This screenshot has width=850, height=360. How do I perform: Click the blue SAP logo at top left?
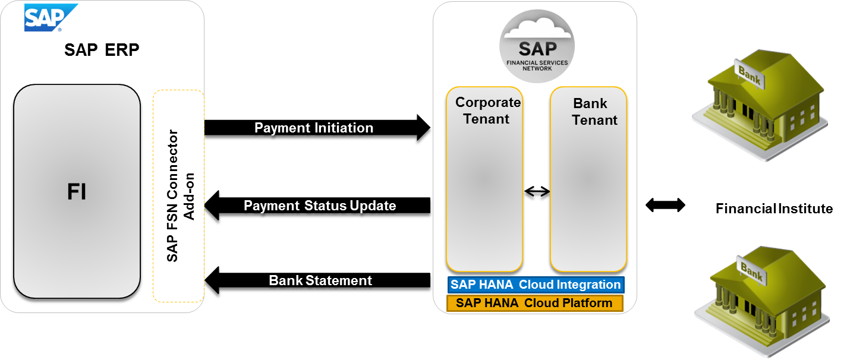(x=51, y=17)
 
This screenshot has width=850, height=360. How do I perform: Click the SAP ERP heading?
(x=102, y=50)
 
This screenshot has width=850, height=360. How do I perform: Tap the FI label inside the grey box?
(x=77, y=191)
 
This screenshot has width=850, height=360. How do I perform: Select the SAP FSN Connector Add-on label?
(x=181, y=196)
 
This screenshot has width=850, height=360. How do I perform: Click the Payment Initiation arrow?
(x=317, y=128)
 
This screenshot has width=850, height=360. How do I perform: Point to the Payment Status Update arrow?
(x=317, y=205)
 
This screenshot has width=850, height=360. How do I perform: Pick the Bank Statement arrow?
(x=317, y=280)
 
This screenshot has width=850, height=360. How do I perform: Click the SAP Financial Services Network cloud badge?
(x=537, y=46)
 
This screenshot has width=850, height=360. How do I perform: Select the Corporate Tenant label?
(x=487, y=110)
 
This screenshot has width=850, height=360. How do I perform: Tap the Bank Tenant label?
(x=594, y=112)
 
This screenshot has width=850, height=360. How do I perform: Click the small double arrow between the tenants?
(x=537, y=191)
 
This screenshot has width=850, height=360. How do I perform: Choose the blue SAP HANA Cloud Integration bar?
(x=536, y=285)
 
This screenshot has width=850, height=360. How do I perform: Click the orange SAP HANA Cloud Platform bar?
(x=535, y=303)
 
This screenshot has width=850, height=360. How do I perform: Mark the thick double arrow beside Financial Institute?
(x=665, y=205)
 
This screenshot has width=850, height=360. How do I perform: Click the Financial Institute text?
(x=774, y=209)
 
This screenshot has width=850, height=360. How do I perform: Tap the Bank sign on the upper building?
(x=749, y=75)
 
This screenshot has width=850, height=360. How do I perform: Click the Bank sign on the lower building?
(x=751, y=271)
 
